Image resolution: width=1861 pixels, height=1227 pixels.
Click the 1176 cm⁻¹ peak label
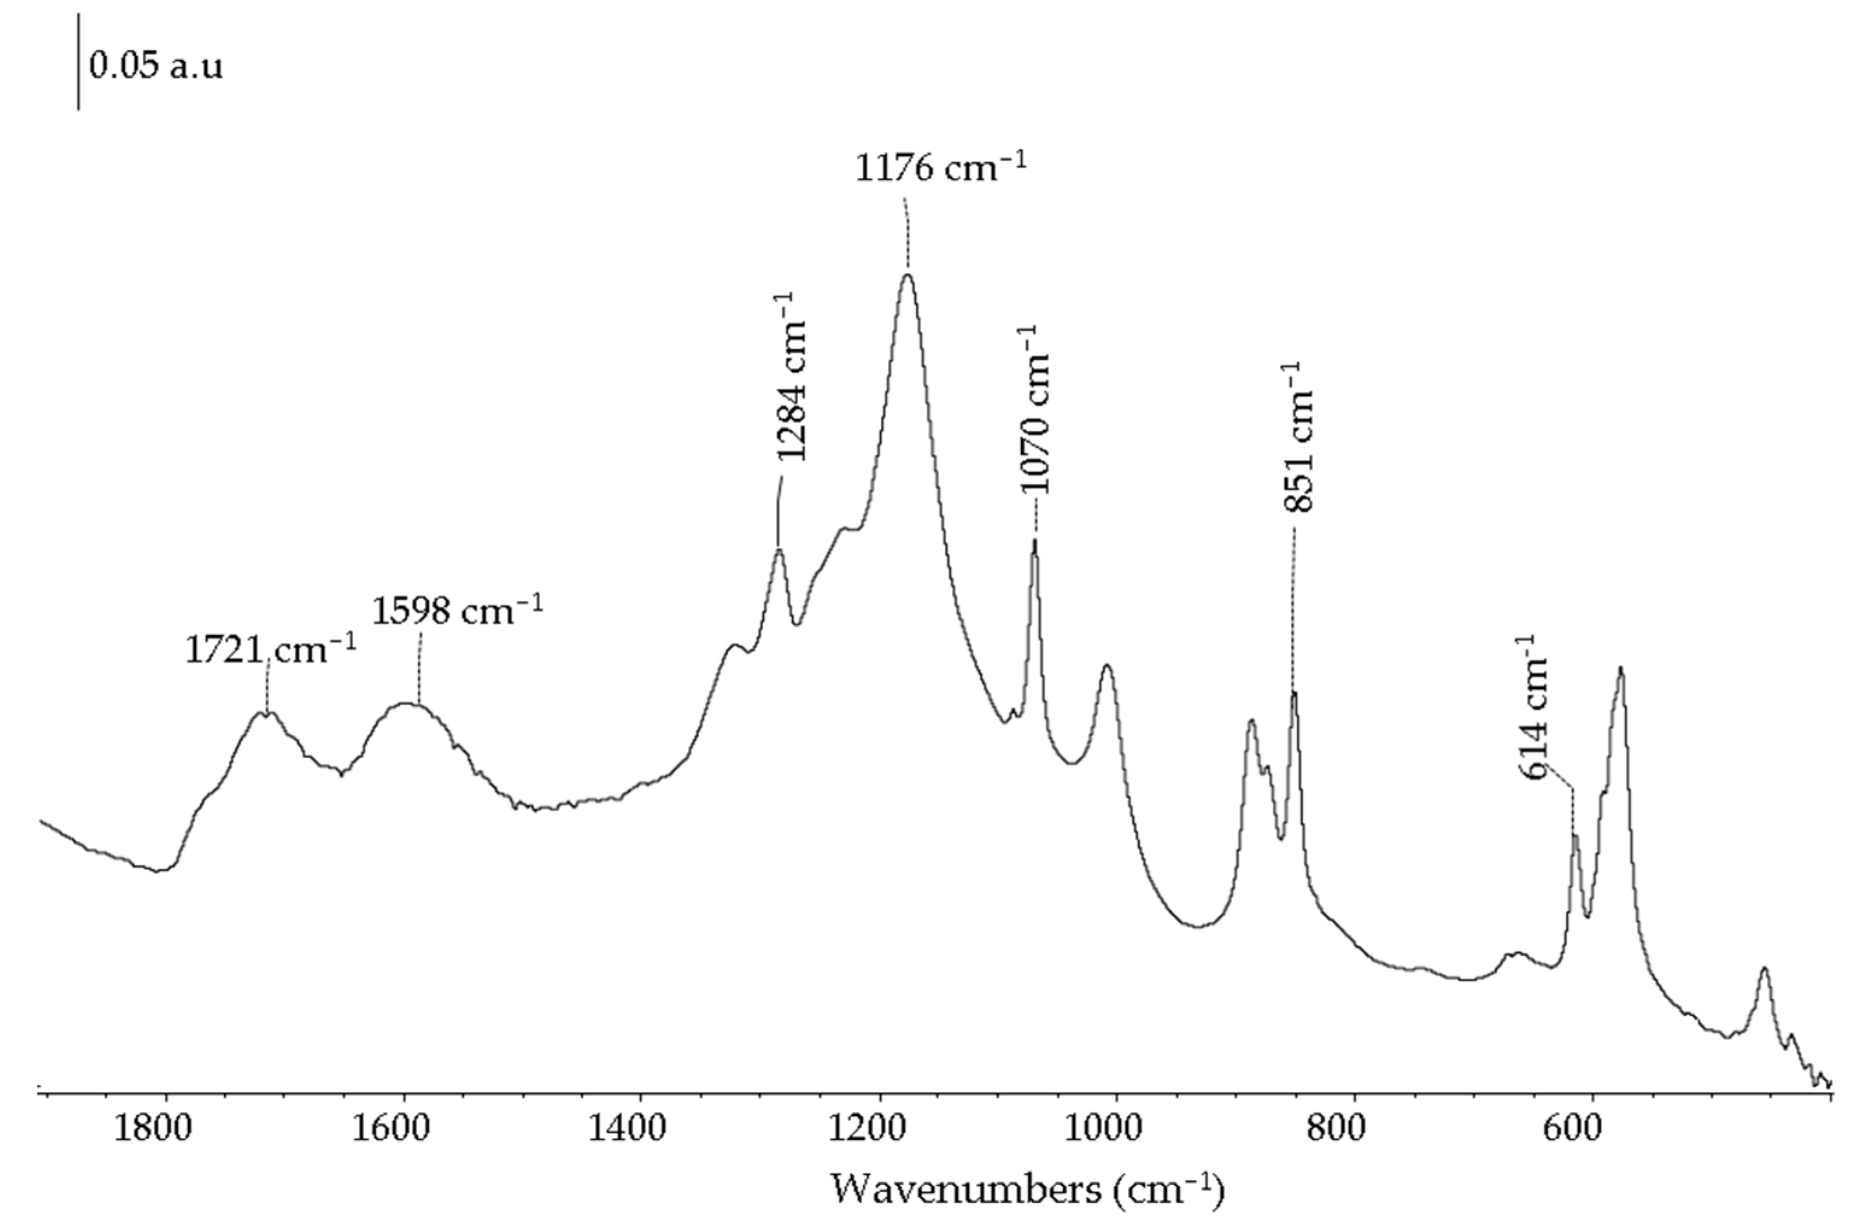940,168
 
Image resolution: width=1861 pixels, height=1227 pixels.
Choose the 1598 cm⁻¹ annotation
457,610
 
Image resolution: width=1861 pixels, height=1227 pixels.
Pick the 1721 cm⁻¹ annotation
271,650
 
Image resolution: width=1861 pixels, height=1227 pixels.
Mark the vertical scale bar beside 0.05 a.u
78,61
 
